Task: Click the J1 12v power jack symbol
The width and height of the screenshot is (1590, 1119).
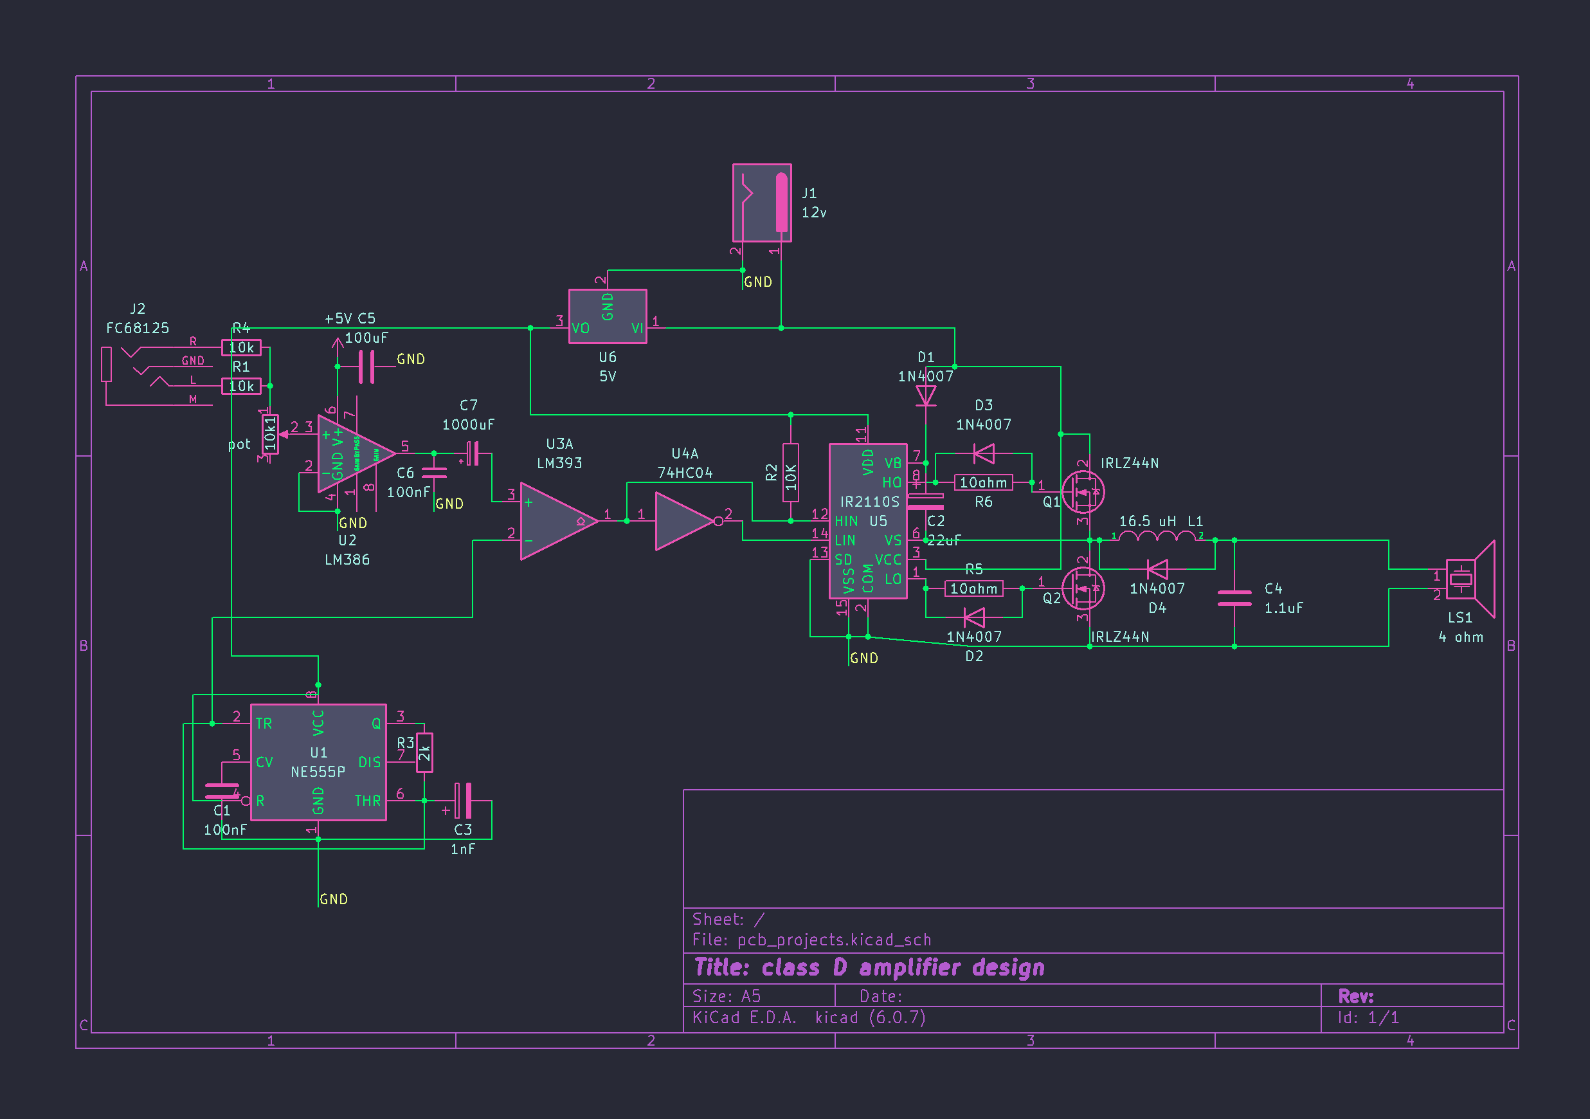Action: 762,203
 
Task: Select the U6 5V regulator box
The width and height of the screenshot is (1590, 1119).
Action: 608,316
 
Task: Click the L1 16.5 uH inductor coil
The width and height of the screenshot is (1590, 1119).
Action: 1157,536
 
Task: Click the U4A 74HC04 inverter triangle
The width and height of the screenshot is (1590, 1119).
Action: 684,521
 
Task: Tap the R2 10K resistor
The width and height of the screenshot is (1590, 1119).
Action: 790,473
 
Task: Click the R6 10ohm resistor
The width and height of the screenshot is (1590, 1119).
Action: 982,482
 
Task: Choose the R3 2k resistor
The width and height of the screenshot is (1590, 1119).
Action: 424,752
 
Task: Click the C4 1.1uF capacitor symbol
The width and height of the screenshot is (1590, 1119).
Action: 1234,598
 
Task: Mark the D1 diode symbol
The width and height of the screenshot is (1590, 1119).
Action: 926,396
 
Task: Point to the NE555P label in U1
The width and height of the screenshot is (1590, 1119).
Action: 318,772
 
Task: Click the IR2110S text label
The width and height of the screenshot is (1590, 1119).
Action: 869,502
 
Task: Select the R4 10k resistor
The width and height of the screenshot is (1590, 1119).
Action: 241,347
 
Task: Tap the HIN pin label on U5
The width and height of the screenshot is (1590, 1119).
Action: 845,521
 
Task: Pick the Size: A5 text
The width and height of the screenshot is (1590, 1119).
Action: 727,996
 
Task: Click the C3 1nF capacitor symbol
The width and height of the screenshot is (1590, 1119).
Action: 464,801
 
